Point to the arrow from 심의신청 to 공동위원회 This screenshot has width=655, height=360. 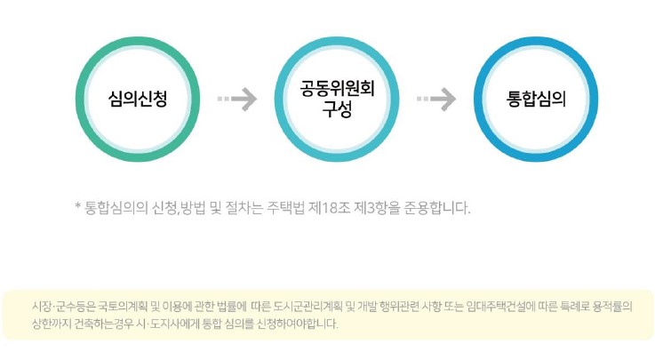[236, 99]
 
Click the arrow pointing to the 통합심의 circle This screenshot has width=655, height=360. [436, 99]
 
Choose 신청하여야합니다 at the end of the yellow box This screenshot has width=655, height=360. [297, 324]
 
